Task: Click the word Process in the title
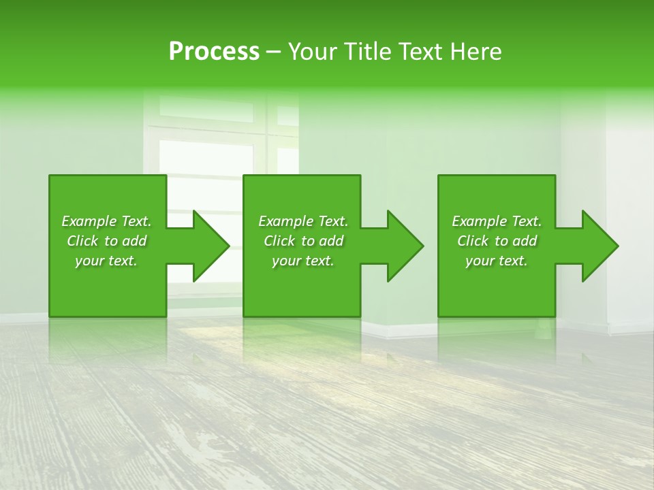pos(214,52)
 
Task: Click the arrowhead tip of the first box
pos(228,246)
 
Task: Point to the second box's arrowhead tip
pos(422,246)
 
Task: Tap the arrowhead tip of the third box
pos(617,246)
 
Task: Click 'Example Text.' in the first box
pos(106,221)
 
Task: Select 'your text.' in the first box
pos(106,261)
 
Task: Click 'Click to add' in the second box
pos(303,241)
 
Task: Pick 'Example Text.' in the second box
pos(303,221)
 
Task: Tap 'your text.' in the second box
pos(303,261)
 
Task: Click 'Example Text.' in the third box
pos(497,221)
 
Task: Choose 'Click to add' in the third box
pos(497,241)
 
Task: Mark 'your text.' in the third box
pos(497,261)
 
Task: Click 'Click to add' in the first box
pos(106,241)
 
